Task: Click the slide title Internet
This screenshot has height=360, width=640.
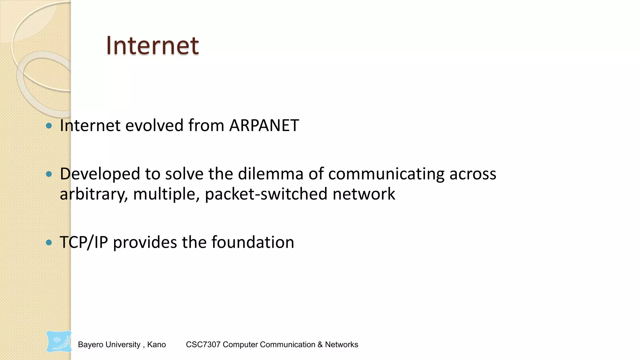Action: tap(152, 46)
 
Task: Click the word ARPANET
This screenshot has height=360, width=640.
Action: tap(264, 126)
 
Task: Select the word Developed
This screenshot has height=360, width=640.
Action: tap(100, 174)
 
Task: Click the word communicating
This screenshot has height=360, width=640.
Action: tap(386, 174)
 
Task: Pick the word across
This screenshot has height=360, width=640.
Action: tap(473, 174)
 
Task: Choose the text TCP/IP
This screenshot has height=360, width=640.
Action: tap(84, 242)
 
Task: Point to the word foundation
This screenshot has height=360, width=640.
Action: tap(253, 242)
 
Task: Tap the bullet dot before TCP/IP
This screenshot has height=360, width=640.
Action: tap(49, 242)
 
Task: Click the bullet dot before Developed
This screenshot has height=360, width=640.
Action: tap(49, 174)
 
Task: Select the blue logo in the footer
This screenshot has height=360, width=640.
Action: tap(59, 342)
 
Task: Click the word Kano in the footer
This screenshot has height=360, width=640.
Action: tap(156, 345)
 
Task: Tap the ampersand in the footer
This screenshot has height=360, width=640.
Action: tap(320, 345)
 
